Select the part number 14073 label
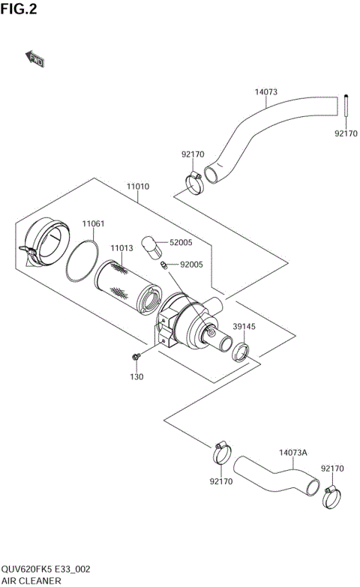click(x=265, y=93)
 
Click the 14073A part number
click(x=293, y=453)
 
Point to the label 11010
click(x=137, y=186)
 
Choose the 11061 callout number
click(x=93, y=224)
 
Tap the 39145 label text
click(x=244, y=327)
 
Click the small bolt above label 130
click(x=136, y=355)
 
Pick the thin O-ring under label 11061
click(x=81, y=259)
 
